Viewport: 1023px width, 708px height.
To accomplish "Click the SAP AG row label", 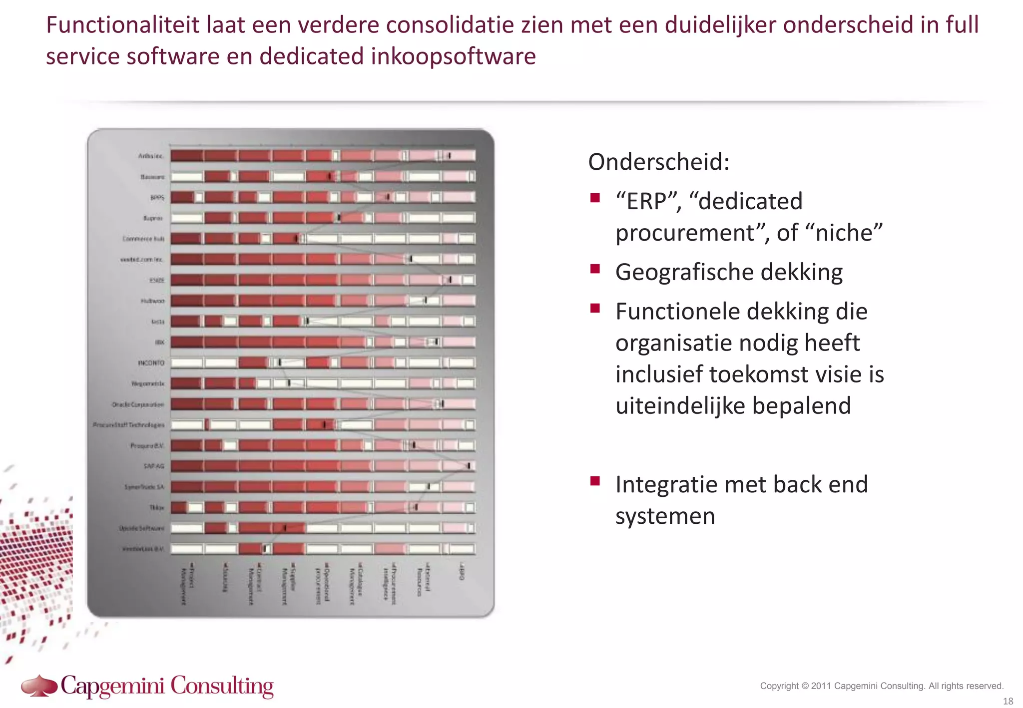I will tap(154, 466).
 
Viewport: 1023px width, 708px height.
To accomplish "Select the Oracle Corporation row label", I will tap(138, 404).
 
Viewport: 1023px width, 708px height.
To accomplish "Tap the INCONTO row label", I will tap(151, 363).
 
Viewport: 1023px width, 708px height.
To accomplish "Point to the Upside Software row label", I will tap(141, 528).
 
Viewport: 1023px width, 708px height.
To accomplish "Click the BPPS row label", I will tap(157, 198).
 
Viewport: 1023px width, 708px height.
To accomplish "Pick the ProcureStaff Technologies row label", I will tap(128, 425).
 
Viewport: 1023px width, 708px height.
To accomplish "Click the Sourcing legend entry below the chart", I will tap(226, 578).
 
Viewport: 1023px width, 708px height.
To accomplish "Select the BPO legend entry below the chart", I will tap(463, 572).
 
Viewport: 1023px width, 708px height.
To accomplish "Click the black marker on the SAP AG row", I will tap(469, 466).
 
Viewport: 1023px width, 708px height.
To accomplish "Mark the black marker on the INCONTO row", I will tap(280, 362).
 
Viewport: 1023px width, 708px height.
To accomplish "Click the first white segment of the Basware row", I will tap(187, 177).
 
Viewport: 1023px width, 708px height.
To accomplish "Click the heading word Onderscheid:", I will tap(658, 162).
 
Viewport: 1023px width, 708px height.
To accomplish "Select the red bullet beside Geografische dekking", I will tap(594, 270).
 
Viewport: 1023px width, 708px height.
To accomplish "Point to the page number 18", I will tap(1008, 701).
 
